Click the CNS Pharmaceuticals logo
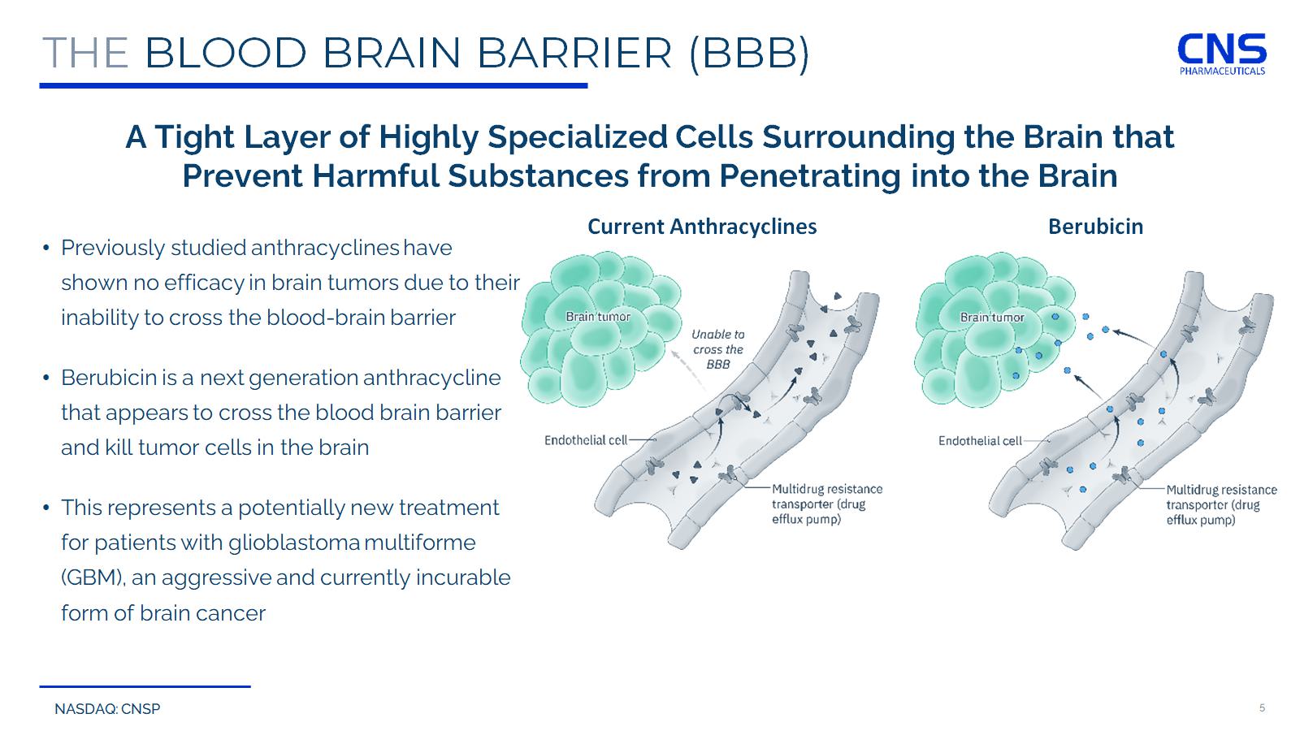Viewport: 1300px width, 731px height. coord(1222,54)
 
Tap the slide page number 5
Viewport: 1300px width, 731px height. coord(1262,707)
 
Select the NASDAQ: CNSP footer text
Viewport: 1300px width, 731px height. coord(107,709)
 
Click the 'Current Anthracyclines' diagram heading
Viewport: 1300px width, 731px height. coord(702,227)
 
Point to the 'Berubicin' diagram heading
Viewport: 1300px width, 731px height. coord(1095,227)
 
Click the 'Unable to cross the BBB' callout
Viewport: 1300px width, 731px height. coord(717,349)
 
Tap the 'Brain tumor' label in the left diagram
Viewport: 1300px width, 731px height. coord(598,317)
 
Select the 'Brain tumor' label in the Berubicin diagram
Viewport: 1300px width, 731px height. coord(992,318)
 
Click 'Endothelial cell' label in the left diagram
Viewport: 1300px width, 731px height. coord(586,440)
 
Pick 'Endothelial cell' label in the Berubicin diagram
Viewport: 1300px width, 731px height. coord(980,441)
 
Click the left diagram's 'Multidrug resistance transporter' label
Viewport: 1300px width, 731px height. coord(826,504)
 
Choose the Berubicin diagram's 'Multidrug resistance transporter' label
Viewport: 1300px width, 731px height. coord(1221,504)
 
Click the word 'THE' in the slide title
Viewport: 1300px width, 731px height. coord(85,53)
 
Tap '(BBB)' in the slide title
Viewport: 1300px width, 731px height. coord(748,53)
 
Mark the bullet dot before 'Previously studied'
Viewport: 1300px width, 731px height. coord(46,248)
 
